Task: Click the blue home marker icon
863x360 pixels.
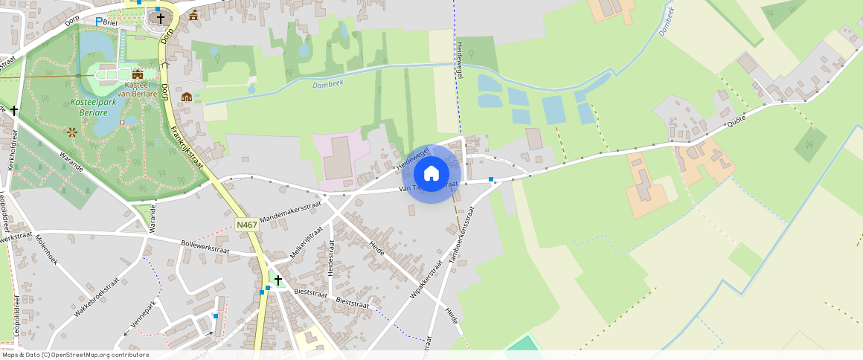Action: pyautogui.click(x=431, y=174)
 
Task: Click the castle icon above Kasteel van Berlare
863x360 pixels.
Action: pyautogui.click(x=137, y=74)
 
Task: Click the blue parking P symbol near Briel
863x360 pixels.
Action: pyautogui.click(x=99, y=22)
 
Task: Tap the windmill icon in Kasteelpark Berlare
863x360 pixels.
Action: pyautogui.click(x=72, y=132)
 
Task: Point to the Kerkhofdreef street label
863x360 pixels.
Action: pyautogui.click(x=13, y=150)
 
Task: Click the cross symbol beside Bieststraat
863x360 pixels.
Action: pyautogui.click(x=278, y=280)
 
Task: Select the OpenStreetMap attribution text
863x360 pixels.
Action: pyautogui.click(x=74, y=355)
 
